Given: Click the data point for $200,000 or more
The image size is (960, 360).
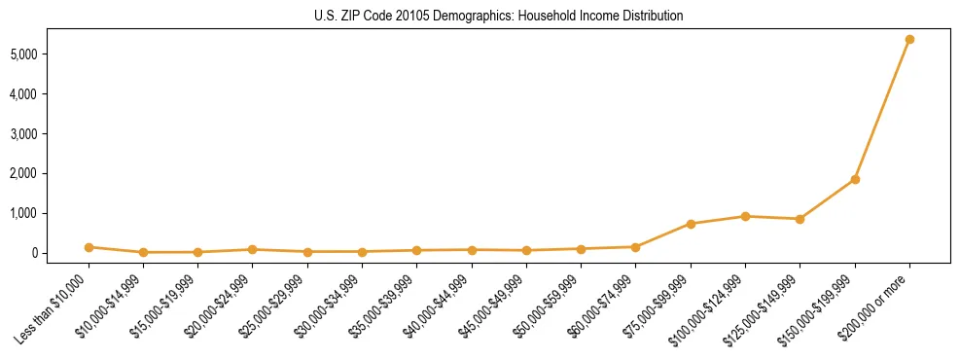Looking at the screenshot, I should (x=909, y=39).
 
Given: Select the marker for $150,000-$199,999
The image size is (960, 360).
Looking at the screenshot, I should (x=855, y=179).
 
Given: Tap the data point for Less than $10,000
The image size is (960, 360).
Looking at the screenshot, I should (x=89, y=247).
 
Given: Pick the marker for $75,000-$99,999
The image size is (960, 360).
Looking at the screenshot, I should (x=691, y=224).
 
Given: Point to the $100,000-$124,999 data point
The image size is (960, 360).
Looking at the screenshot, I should (x=745, y=216).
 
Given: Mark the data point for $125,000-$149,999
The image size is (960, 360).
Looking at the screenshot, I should (x=800, y=219).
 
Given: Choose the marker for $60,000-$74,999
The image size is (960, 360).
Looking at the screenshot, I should (x=636, y=247).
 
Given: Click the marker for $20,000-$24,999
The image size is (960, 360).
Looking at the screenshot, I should (x=253, y=249).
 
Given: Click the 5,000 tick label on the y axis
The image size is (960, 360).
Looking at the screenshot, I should (x=50, y=54).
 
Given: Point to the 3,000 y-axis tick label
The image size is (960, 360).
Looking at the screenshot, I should (x=50, y=134).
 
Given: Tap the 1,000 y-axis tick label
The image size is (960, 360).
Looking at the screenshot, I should (x=50, y=213).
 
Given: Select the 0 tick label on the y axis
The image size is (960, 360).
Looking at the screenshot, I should (x=60, y=253).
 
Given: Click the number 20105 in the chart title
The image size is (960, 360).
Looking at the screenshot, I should (x=409, y=17).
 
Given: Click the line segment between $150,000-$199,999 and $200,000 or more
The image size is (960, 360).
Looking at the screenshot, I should (x=882, y=109).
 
